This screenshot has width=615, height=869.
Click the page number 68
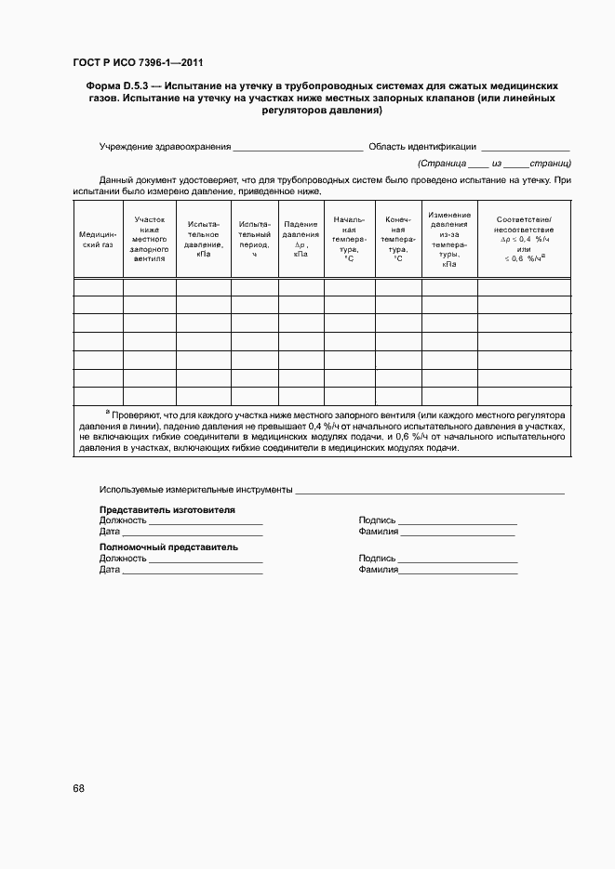coord(78,788)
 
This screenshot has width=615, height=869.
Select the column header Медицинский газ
coord(98,240)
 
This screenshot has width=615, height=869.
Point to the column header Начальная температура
coord(349,239)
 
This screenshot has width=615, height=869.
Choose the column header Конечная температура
coord(398,239)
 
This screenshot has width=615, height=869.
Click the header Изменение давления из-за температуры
coord(449,239)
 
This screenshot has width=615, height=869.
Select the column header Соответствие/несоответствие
coord(524,239)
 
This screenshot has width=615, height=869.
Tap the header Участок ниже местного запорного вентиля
coord(149,239)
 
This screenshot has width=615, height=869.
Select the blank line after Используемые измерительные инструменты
coord(429,491)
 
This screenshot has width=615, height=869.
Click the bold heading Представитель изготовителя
coord(167,510)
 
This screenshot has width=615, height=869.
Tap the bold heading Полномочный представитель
coord(168,547)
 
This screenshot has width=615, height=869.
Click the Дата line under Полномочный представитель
coord(192,572)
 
